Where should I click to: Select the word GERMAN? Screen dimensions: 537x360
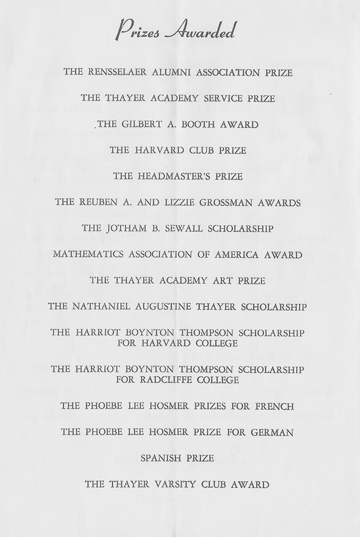(272, 433)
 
